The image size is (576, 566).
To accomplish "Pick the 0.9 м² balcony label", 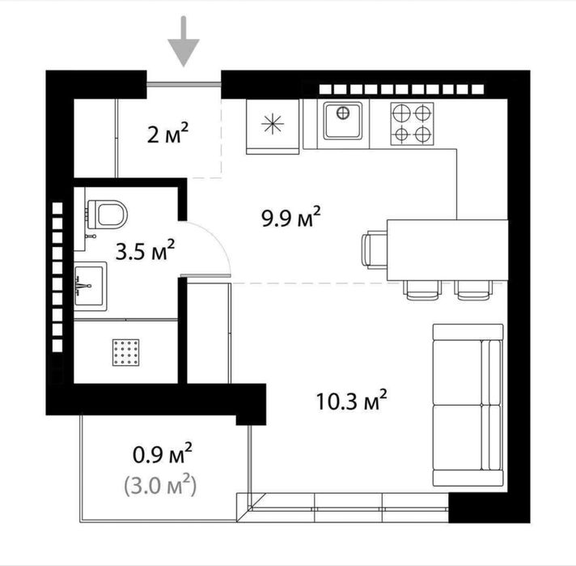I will click(163, 456).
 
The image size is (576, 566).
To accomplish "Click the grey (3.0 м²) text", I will click(161, 486).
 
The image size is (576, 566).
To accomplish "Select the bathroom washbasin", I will click(90, 284).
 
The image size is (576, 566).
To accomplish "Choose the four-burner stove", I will click(412, 124).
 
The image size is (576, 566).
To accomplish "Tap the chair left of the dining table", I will click(375, 249).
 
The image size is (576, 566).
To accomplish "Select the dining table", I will click(447, 249).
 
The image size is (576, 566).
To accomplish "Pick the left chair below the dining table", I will click(421, 289).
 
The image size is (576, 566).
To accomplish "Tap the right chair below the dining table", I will click(472, 289).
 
